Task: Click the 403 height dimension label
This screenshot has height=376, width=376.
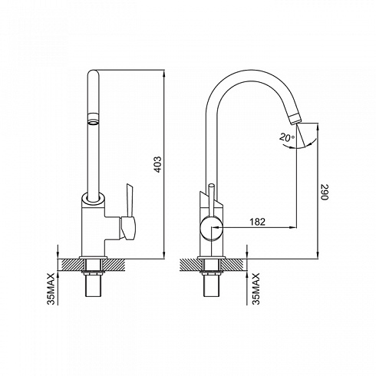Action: pos(159,164)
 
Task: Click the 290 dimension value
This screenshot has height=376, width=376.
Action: pos(324,192)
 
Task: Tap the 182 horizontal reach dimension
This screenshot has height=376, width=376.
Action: pos(257,222)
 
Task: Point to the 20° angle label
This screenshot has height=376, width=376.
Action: pos(287,137)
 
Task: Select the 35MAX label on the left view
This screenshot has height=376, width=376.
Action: pos(51,289)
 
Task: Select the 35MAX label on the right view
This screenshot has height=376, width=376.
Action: pos(256,289)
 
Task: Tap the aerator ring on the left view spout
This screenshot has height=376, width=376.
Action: pos(93,119)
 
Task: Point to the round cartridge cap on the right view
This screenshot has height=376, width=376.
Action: pos(211,227)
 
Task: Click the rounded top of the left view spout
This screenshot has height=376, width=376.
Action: pos(93,73)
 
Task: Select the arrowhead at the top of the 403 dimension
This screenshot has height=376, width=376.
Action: pos(163,73)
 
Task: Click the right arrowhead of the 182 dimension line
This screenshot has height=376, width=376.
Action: pos(293,227)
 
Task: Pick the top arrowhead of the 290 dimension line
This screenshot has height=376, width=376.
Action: pos(318,127)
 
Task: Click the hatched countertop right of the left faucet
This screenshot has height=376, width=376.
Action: pos(114,265)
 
